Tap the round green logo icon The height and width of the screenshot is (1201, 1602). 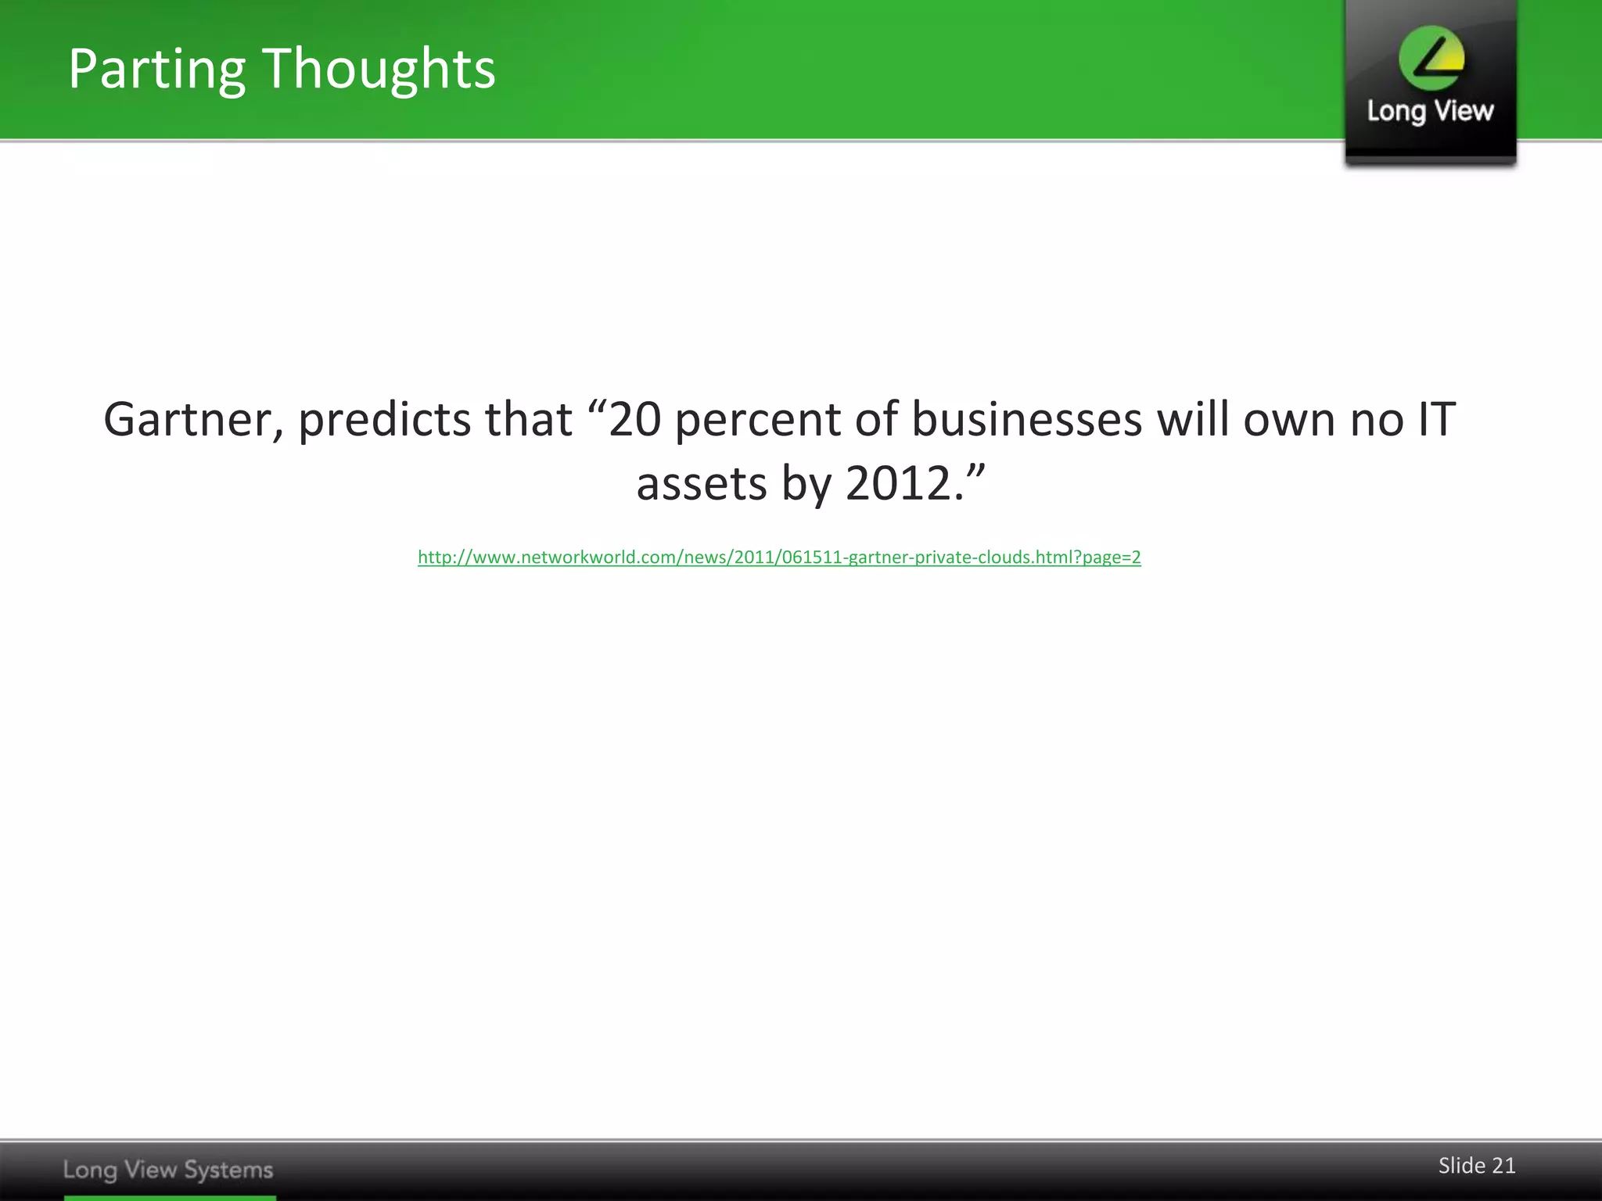(x=1431, y=58)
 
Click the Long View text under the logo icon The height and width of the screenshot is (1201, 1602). (x=1431, y=112)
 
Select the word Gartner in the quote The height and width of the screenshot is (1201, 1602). (x=192, y=420)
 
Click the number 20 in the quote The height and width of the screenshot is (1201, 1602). (x=634, y=420)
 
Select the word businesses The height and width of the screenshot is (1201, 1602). (x=1027, y=420)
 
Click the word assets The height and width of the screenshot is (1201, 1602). (x=702, y=484)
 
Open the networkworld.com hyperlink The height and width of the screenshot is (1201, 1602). (x=779, y=557)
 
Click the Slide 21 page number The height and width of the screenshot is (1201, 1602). (x=1477, y=1166)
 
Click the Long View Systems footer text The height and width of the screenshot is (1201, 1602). (x=168, y=1170)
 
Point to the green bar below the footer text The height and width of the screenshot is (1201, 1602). (x=170, y=1197)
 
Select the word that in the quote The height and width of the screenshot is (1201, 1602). (x=529, y=420)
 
